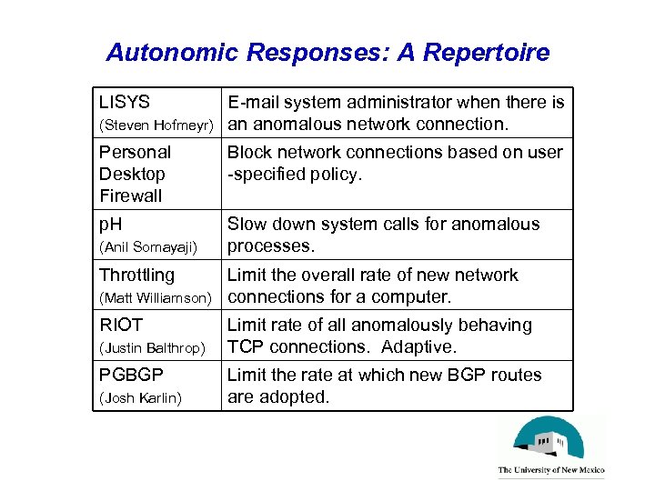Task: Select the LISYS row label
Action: coord(125,103)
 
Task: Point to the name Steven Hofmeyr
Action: coord(156,125)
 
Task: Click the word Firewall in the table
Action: coord(130,195)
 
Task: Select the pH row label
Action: coord(112,225)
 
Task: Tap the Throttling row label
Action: coord(136,275)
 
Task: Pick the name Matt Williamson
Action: coord(156,297)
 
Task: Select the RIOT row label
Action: coord(121,325)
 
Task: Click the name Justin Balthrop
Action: coord(152,347)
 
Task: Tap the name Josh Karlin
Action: coord(140,397)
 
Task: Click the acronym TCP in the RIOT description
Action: coord(246,346)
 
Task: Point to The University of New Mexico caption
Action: coord(551,471)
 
